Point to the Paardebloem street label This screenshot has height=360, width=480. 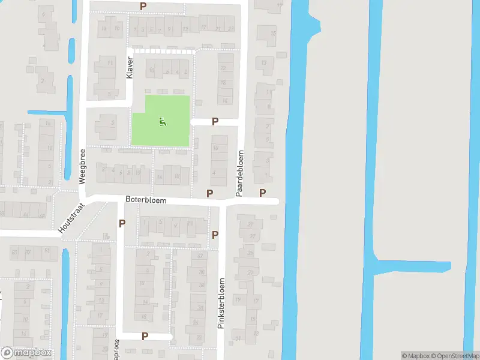tap(239, 173)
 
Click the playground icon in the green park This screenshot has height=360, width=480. tap(161, 122)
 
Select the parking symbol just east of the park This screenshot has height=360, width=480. tap(215, 122)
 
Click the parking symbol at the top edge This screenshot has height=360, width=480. tap(143, 6)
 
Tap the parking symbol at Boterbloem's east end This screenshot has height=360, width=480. tap(262, 193)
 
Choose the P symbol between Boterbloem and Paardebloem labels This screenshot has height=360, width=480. tap(209, 193)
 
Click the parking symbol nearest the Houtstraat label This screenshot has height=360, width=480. tap(122, 223)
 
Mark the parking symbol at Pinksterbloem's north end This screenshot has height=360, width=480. tap(215, 235)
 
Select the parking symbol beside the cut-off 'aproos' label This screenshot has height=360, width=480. tap(145, 336)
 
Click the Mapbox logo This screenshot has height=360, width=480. tap(26, 353)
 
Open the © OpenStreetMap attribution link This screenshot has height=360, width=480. tap(455, 356)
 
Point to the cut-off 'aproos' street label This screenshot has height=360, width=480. tap(116, 349)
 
